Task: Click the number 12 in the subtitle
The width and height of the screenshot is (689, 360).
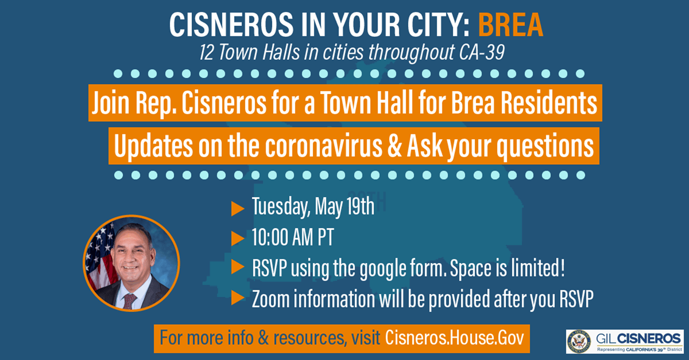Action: click(207, 52)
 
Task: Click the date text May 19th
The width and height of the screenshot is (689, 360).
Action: click(344, 206)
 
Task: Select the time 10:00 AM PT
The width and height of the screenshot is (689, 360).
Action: click(293, 237)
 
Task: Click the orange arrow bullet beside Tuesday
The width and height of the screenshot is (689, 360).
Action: click(238, 209)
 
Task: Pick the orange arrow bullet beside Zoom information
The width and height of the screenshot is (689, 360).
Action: click(238, 298)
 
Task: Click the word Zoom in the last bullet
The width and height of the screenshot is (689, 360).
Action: click(271, 298)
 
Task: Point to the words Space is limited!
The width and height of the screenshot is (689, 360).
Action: click(507, 268)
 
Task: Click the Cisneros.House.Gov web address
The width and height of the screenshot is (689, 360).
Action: click(454, 338)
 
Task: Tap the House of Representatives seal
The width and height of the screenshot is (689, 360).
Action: click(578, 341)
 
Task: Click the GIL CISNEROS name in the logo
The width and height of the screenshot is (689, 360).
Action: click(638, 338)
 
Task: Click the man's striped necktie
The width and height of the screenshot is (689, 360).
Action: click(129, 301)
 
